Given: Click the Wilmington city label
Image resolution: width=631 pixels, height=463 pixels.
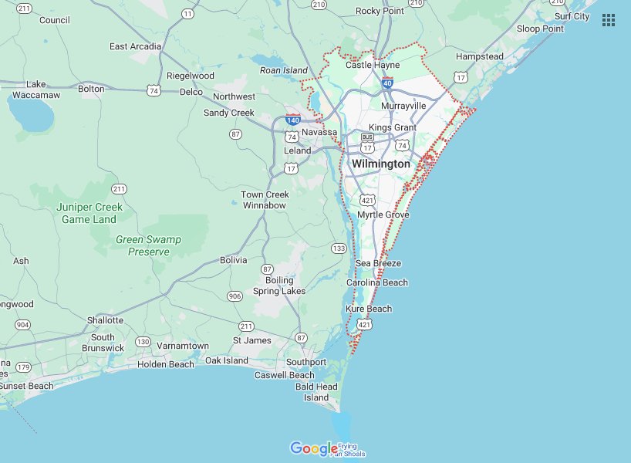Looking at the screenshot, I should tap(381, 164).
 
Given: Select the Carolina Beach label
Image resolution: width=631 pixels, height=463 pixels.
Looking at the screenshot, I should tap(377, 282).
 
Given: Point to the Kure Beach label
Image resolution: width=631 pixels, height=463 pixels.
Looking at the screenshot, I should tap(369, 309).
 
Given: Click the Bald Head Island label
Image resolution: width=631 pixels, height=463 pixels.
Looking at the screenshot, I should tap(316, 392).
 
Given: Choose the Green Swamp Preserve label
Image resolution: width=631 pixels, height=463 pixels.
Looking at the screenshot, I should tap(148, 245).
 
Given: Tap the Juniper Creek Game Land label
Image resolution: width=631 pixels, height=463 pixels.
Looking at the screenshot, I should tap(89, 213).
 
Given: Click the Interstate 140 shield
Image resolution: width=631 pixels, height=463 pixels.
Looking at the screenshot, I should tap(292, 120).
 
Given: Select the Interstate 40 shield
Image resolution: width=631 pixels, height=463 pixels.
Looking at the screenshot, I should tap(387, 83).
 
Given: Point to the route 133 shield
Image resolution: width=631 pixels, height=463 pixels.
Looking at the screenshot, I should tap(339, 248).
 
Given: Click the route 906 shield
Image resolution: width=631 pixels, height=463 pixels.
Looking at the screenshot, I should tap(235, 296).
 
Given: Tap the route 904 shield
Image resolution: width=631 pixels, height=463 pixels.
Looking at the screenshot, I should tap(23, 325).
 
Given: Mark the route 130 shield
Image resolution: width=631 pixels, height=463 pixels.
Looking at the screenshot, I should tap(143, 341).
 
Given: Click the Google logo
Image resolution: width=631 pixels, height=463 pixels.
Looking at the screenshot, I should tap(314, 448).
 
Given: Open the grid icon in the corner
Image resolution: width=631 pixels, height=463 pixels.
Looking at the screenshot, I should tap(609, 20).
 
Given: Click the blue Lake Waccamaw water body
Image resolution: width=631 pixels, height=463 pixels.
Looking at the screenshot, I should tap(31, 116).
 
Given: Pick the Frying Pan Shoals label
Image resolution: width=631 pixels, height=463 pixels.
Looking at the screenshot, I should tap(348, 450).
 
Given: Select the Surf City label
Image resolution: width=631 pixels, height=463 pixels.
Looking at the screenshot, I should tap(572, 16).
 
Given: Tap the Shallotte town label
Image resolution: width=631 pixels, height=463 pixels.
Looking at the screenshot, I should tap(105, 320).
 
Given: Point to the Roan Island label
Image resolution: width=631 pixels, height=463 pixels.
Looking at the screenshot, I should tap(284, 70).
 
